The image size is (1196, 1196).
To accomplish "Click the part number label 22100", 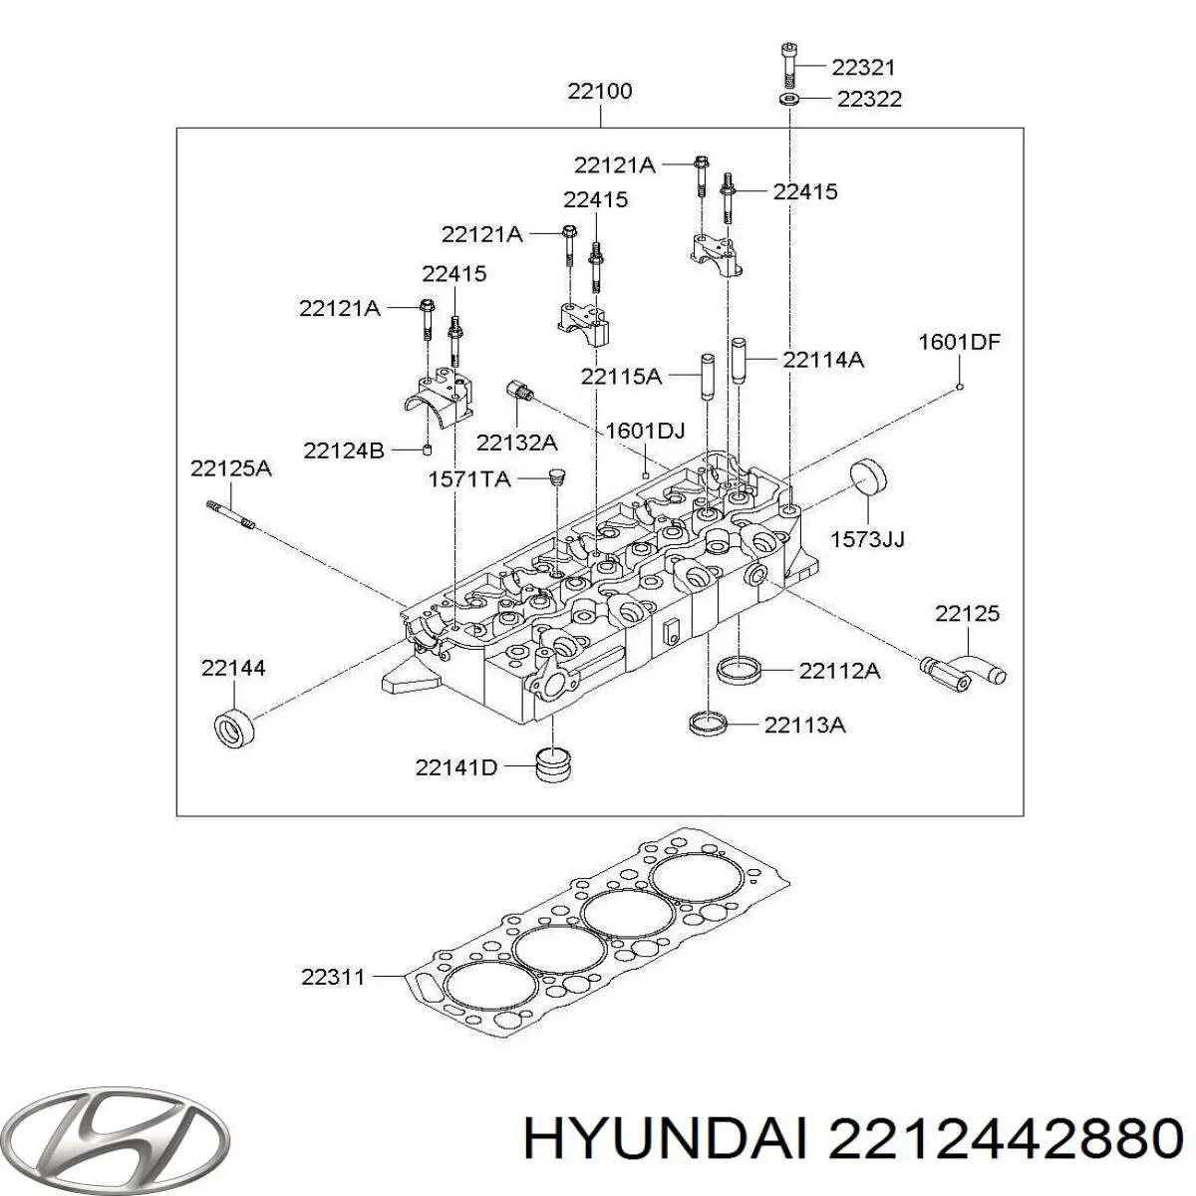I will coord(600,92).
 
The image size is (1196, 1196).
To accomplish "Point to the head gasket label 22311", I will coord(334,977).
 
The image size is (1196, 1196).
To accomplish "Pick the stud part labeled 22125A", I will coord(232,516).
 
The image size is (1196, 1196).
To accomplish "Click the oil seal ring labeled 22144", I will coord(237,728).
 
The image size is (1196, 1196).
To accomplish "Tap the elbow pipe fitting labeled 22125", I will coord(963,668).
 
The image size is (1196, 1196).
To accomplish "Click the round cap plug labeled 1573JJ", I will coord(867,488).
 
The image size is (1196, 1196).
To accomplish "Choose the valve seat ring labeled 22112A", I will coord(742,669).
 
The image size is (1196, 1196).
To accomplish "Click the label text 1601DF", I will coord(958,343).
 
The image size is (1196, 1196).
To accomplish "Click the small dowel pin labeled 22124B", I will coord(426,450).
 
